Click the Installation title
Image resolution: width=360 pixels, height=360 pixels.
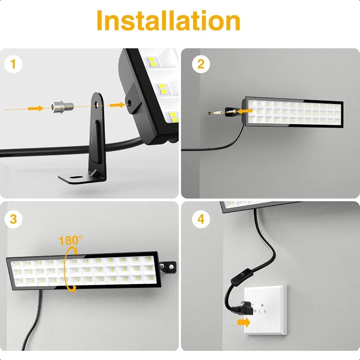(x=168, y=21)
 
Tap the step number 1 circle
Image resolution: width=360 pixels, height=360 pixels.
(x=14, y=64)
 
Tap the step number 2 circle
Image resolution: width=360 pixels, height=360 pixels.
(x=200, y=64)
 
